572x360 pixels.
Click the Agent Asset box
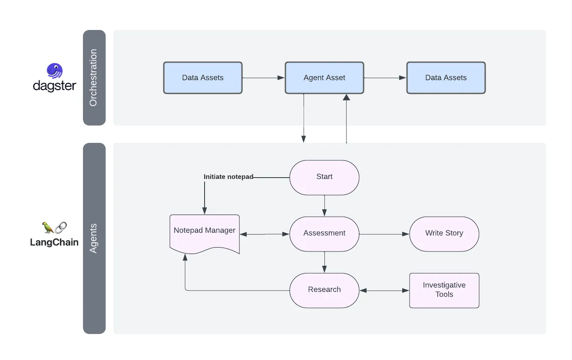[x=324, y=78]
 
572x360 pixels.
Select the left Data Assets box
[x=202, y=78]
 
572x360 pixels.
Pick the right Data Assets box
[x=446, y=78]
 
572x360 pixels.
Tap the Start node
[x=324, y=177]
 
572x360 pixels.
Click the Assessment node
[x=324, y=233]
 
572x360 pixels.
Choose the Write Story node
[x=444, y=233]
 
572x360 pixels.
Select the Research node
[x=324, y=290]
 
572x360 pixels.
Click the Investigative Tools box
[x=444, y=290]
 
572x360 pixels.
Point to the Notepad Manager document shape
[x=204, y=232]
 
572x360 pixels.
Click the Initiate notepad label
[x=228, y=177]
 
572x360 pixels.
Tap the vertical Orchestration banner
[x=94, y=78]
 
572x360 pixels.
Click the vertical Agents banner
[x=94, y=238]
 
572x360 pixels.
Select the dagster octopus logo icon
[x=55, y=71]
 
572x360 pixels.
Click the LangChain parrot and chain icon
[x=55, y=227]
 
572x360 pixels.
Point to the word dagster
[x=55, y=86]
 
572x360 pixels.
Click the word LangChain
[x=54, y=242]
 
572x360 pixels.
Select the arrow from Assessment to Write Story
[x=384, y=234]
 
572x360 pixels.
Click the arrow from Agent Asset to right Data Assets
[x=385, y=78]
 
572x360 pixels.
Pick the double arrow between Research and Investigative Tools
[x=384, y=291]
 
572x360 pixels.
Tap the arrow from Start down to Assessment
[x=324, y=205]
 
